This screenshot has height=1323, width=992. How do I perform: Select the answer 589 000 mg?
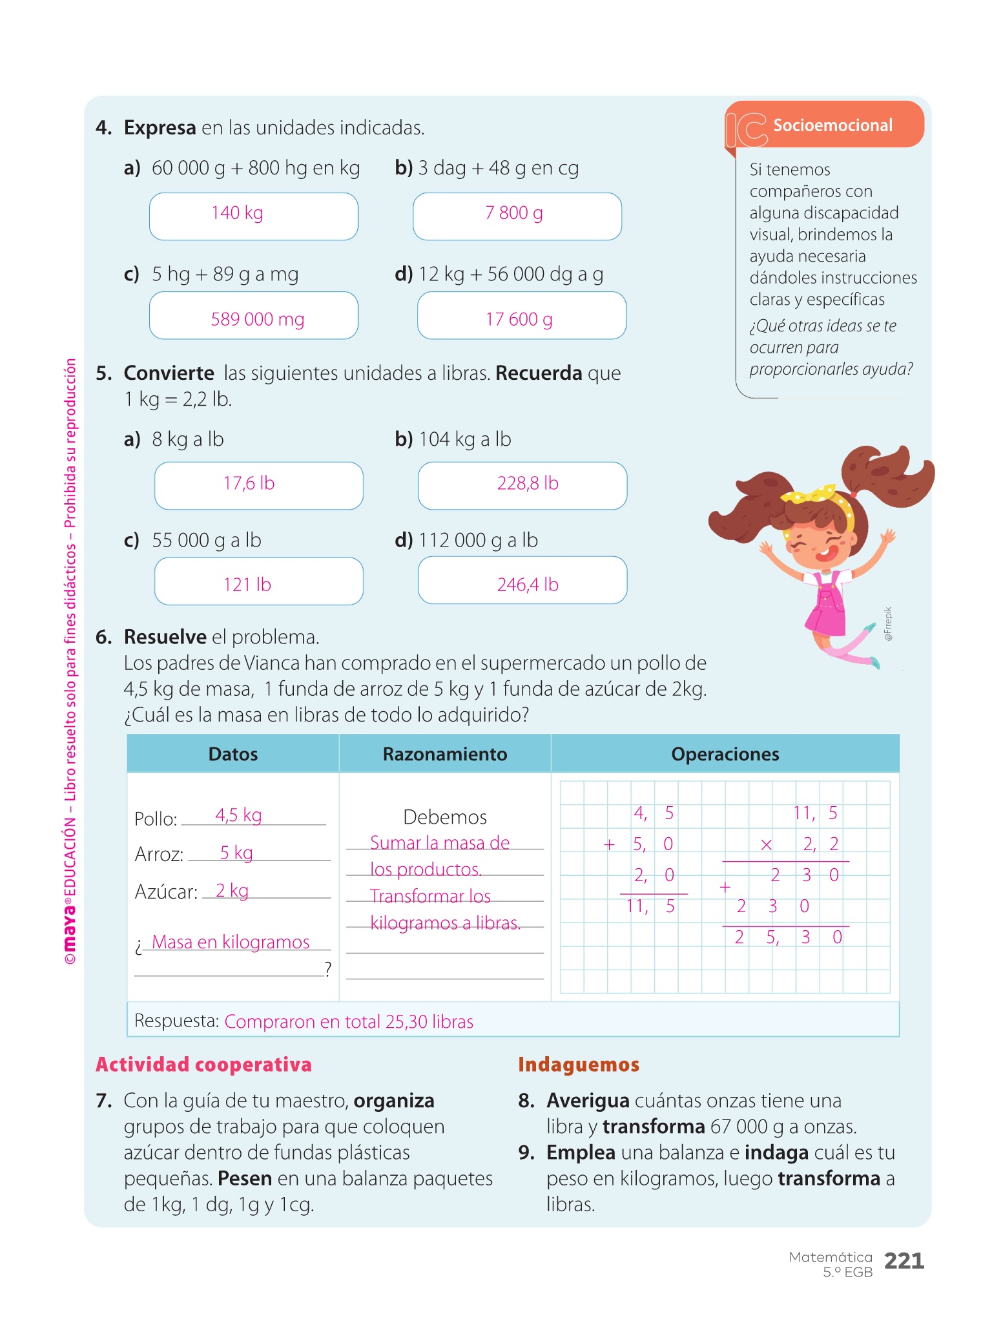coord(257,318)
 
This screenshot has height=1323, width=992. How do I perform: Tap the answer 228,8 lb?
coord(527,484)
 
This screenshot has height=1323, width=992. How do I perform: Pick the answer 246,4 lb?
coord(527,584)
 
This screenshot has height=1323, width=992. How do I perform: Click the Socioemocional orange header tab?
coord(832,125)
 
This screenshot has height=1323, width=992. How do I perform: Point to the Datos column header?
coord(233,754)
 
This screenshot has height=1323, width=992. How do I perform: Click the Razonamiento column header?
coord(445,754)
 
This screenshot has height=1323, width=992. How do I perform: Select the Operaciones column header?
coord(725,754)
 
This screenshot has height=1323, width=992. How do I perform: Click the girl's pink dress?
coord(827,607)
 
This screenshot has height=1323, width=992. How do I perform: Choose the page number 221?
coord(904,1260)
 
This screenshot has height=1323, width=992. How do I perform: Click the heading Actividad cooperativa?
coord(203,1065)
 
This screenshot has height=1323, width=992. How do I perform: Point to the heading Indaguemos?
coord(579,1065)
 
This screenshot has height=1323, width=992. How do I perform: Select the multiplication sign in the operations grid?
coord(766,844)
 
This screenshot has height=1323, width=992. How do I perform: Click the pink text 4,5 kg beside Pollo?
coord(238,815)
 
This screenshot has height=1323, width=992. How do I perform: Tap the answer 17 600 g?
coord(519,318)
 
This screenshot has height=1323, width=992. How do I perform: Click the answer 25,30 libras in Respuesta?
coord(429,1021)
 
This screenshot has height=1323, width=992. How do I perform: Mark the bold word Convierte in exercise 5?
coord(169,373)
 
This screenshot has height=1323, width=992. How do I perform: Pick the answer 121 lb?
coord(247,584)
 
